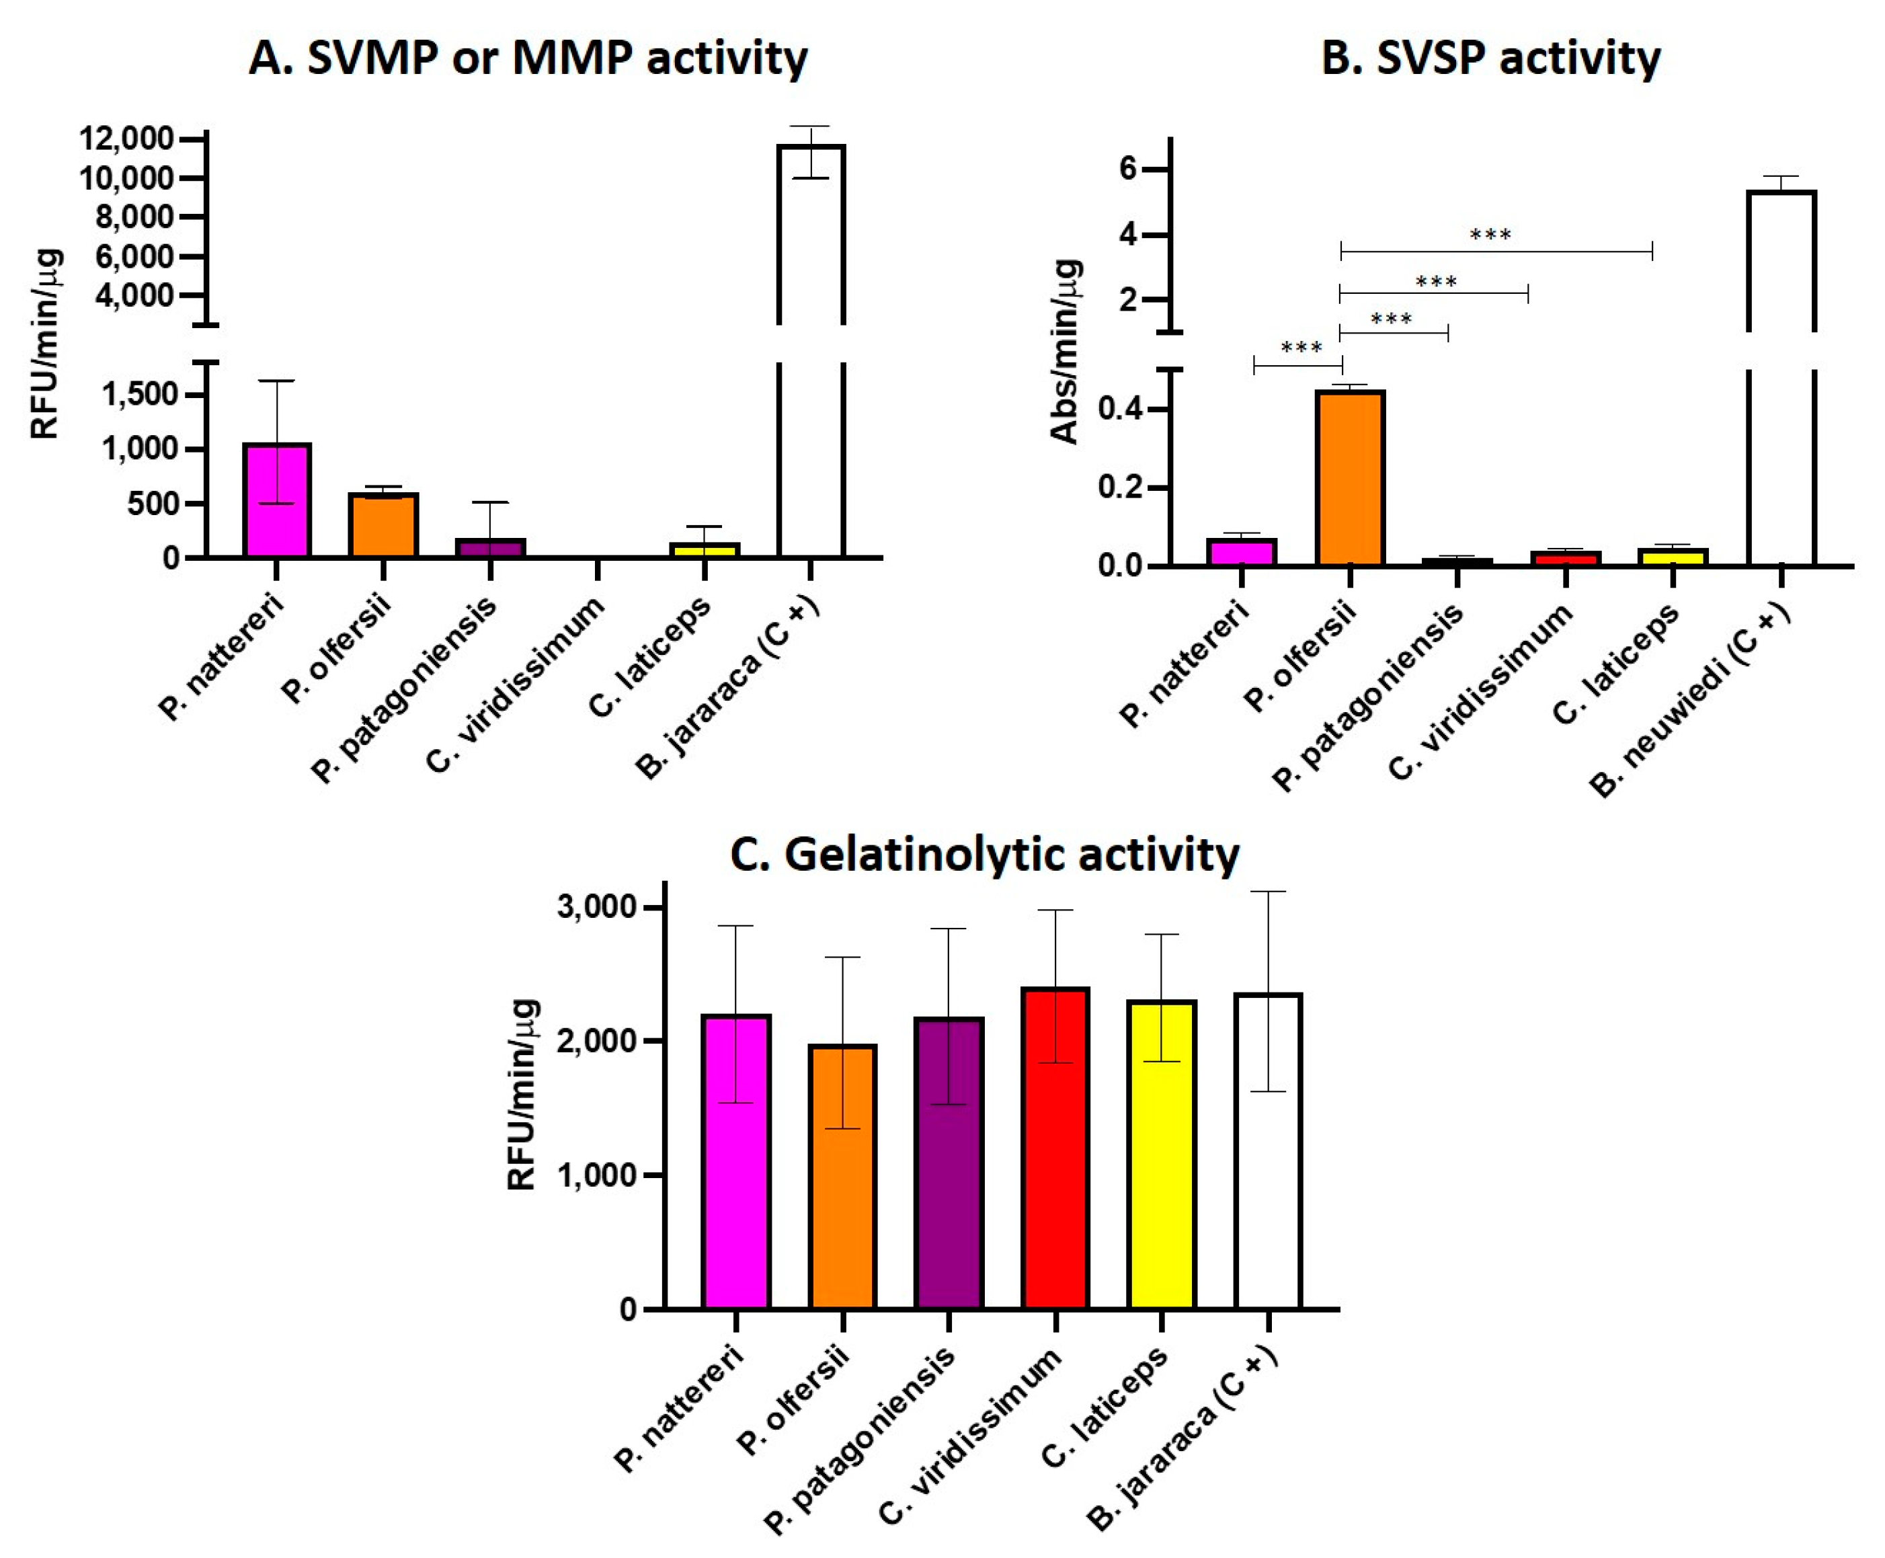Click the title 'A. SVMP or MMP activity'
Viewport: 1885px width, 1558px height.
click(x=528, y=59)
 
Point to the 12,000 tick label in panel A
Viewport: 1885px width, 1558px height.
click(x=126, y=139)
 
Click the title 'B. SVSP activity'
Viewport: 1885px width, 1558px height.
click(x=1490, y=59)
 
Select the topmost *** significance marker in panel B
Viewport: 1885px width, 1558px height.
click(x=1490, y=235)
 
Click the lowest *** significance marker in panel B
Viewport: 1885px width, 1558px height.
click(x=1301, y=348)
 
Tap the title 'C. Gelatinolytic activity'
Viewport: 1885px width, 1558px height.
click(x=984, y=855)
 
